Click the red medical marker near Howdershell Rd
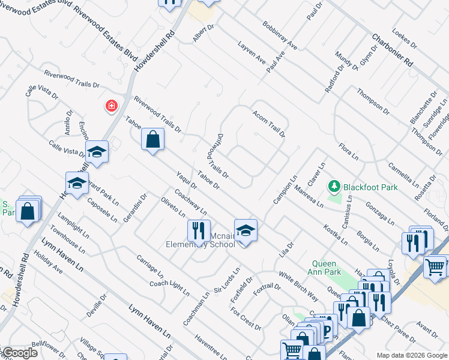pos(111,107)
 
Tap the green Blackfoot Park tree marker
pos(334,187)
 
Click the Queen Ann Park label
pos(327,268)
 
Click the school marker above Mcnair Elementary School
pos(245,230)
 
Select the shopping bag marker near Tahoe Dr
pos(153,140)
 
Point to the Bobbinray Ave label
pos(280,36)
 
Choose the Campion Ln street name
pos(285,190)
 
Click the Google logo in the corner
pos(19,353)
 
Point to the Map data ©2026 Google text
pos(411,355)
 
